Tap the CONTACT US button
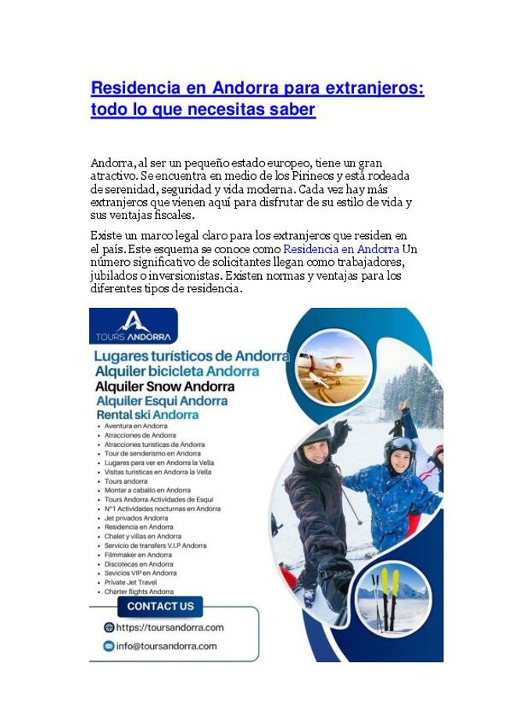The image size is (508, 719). pyautogui.click(x=160, y=606)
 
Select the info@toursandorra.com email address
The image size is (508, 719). pyautogui.click(x=166, y=646)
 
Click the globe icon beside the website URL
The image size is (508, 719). pyautogui.click(x=109, y=628)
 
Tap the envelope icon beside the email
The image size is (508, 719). pyautogui.click(x=109, y=646)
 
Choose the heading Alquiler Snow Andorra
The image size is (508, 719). pyautogui.click(x=165, y=386)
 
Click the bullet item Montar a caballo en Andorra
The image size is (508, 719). pyautogui.click(x=148, y=490)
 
